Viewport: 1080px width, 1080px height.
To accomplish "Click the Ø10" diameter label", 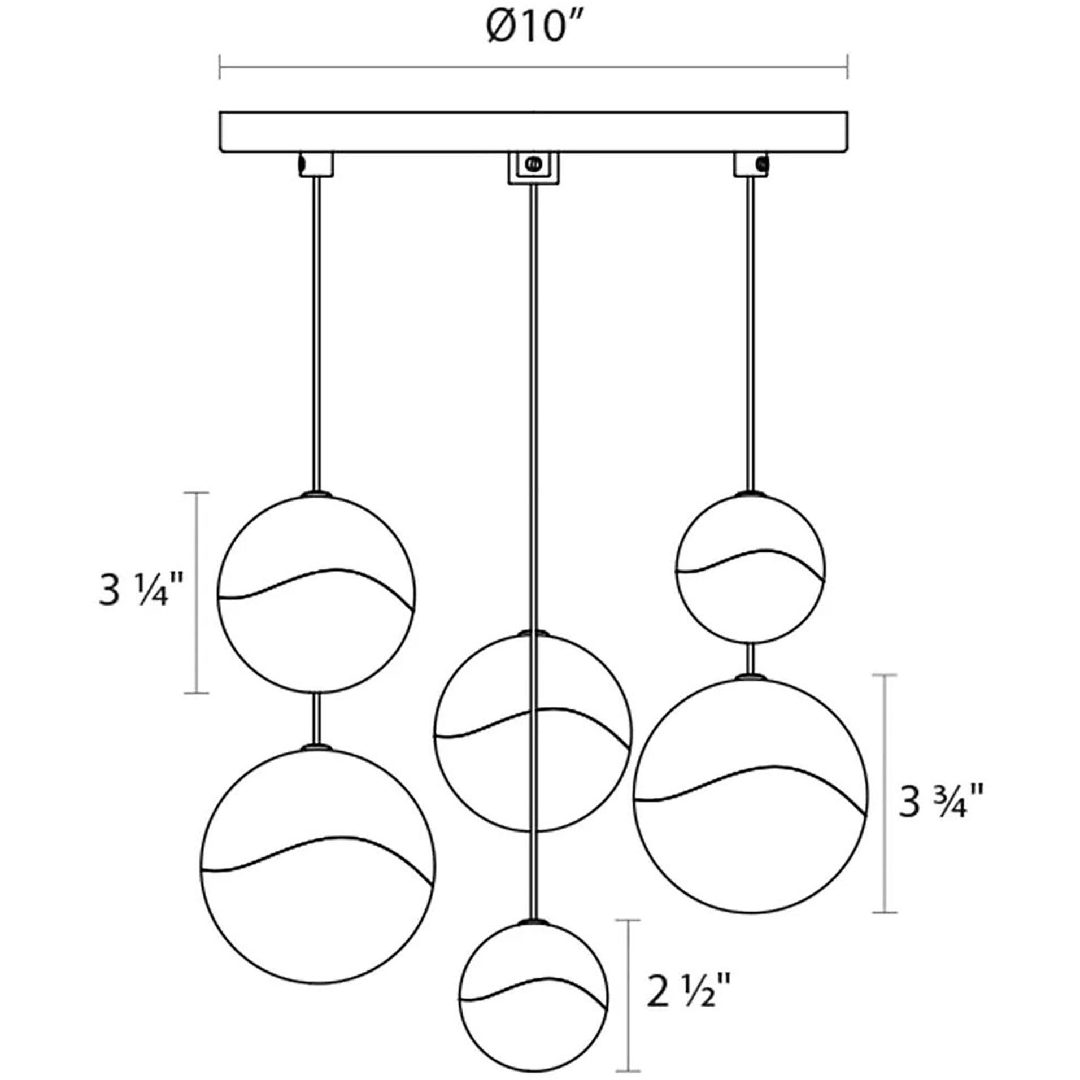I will pos(526,28).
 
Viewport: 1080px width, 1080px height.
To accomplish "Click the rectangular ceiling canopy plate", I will pos(533,132).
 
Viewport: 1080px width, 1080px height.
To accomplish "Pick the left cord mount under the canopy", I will pos(316,164).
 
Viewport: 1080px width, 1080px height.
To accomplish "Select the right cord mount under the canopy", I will pos(751,164).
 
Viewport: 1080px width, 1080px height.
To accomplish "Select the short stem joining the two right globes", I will pos(751,659).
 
